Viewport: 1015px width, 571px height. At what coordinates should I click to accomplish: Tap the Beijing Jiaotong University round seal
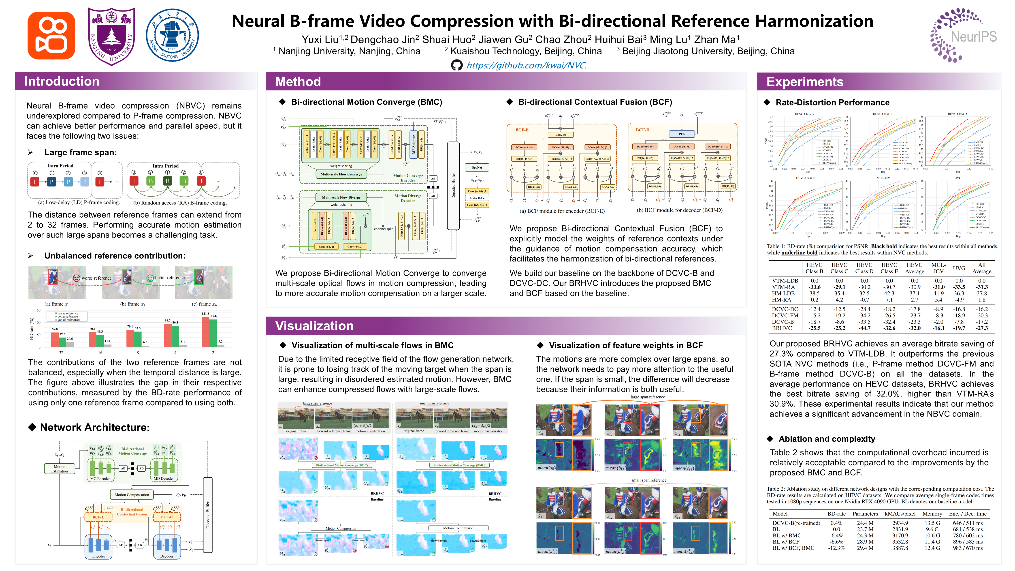pos(172,35)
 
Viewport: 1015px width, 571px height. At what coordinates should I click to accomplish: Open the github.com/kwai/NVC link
pos(527,65)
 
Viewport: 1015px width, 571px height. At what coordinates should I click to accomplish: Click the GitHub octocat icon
pos(457,65)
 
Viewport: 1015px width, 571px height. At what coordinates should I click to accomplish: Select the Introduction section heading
pos(62,81)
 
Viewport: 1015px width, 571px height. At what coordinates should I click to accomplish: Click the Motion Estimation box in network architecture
pos(60,468)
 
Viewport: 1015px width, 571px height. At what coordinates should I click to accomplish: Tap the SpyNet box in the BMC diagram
pos(477,167)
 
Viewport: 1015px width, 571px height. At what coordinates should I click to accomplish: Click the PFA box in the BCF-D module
pos(682,134)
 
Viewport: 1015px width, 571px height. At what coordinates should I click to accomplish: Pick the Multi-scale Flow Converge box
pos(341,174)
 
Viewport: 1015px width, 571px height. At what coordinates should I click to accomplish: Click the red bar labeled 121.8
pos(205,332)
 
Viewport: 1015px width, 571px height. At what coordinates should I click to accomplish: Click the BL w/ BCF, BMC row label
pos(793,548)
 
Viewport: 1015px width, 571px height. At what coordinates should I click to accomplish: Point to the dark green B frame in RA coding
pos(167,181)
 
